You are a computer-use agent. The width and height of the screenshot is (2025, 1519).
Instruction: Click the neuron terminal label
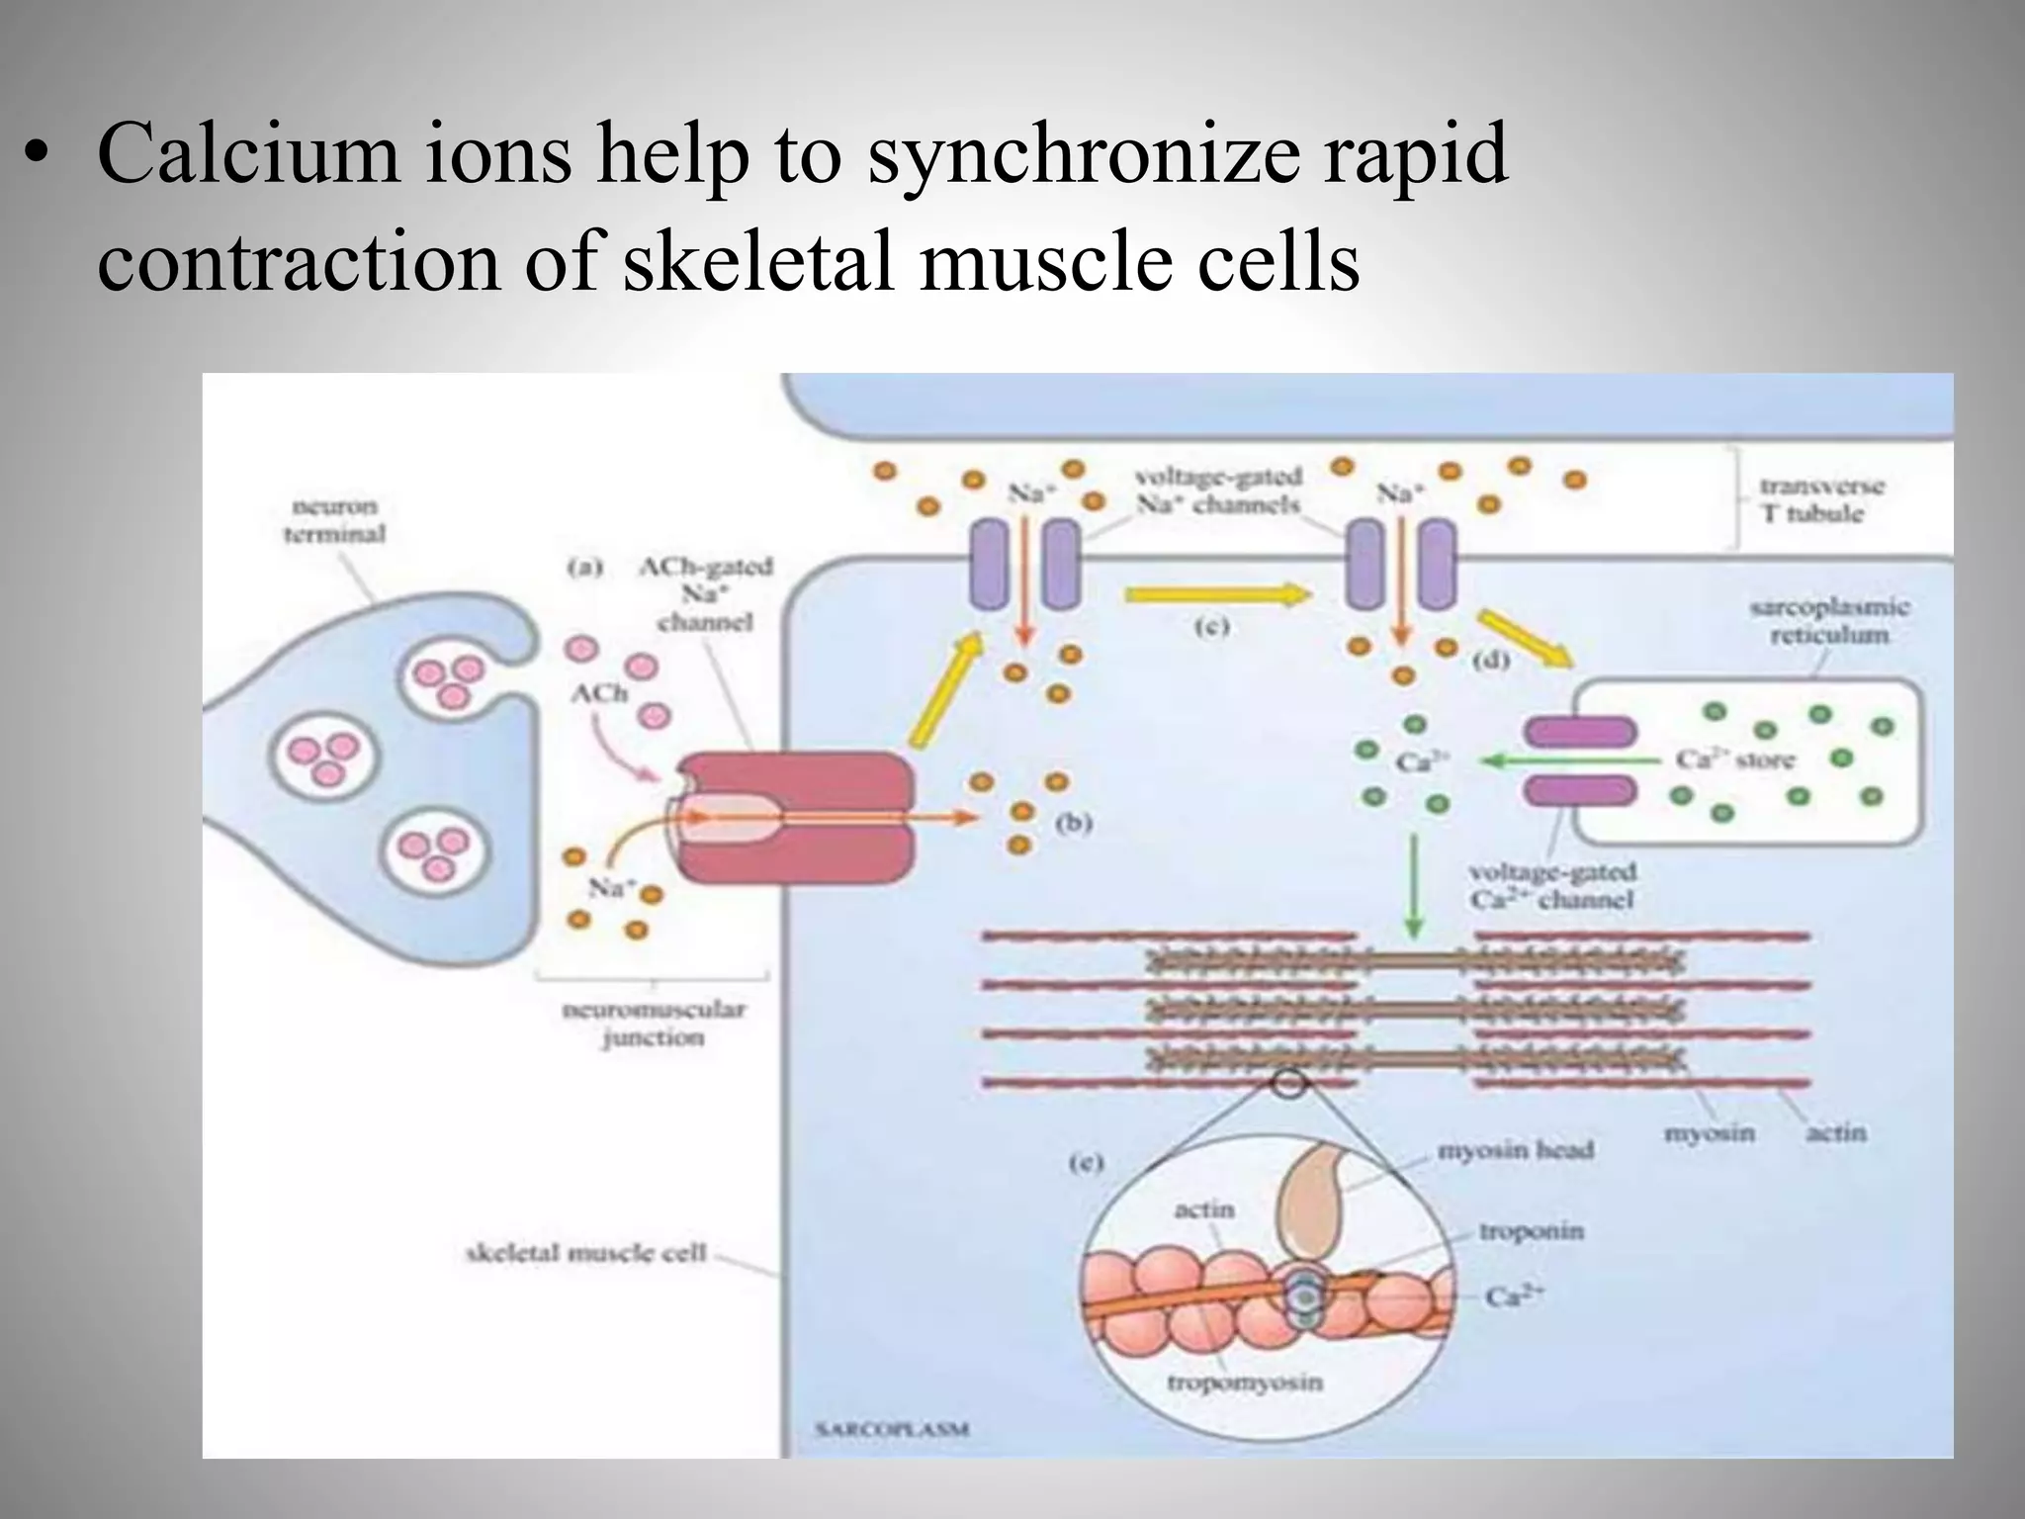[x=334, y=520]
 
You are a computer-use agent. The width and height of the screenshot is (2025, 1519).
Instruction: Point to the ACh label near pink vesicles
[x=598, y=693]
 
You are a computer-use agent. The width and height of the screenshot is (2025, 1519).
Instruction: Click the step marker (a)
[x=584, y=568]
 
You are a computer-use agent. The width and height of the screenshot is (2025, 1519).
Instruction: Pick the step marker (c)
[x=1211, y=626]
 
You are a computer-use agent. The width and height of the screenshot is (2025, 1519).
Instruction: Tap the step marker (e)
[x=1085, y=1163]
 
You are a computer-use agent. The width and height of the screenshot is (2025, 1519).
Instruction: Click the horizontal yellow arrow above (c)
[x=1217, y=594]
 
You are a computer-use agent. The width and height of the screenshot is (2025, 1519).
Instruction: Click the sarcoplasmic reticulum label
[x=1828, y=620]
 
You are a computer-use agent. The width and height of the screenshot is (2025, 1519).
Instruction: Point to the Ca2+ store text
[x=1734, y=759]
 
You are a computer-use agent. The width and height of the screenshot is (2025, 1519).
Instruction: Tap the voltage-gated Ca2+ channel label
[x=1551, y=886]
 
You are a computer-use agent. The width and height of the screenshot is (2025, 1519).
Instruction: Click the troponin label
[x=1531, y=1231]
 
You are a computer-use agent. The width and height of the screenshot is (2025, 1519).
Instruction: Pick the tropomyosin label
[x=1244, y=1382]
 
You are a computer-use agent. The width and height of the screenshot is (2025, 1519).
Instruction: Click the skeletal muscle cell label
[x=585, y=1253]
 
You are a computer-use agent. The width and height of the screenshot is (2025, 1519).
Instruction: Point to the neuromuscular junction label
[x=653, y=1024]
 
